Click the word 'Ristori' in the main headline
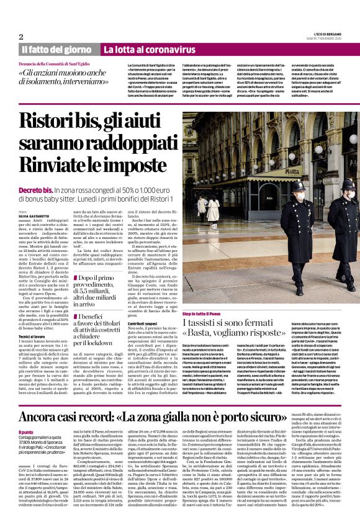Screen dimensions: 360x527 [56, 121]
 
